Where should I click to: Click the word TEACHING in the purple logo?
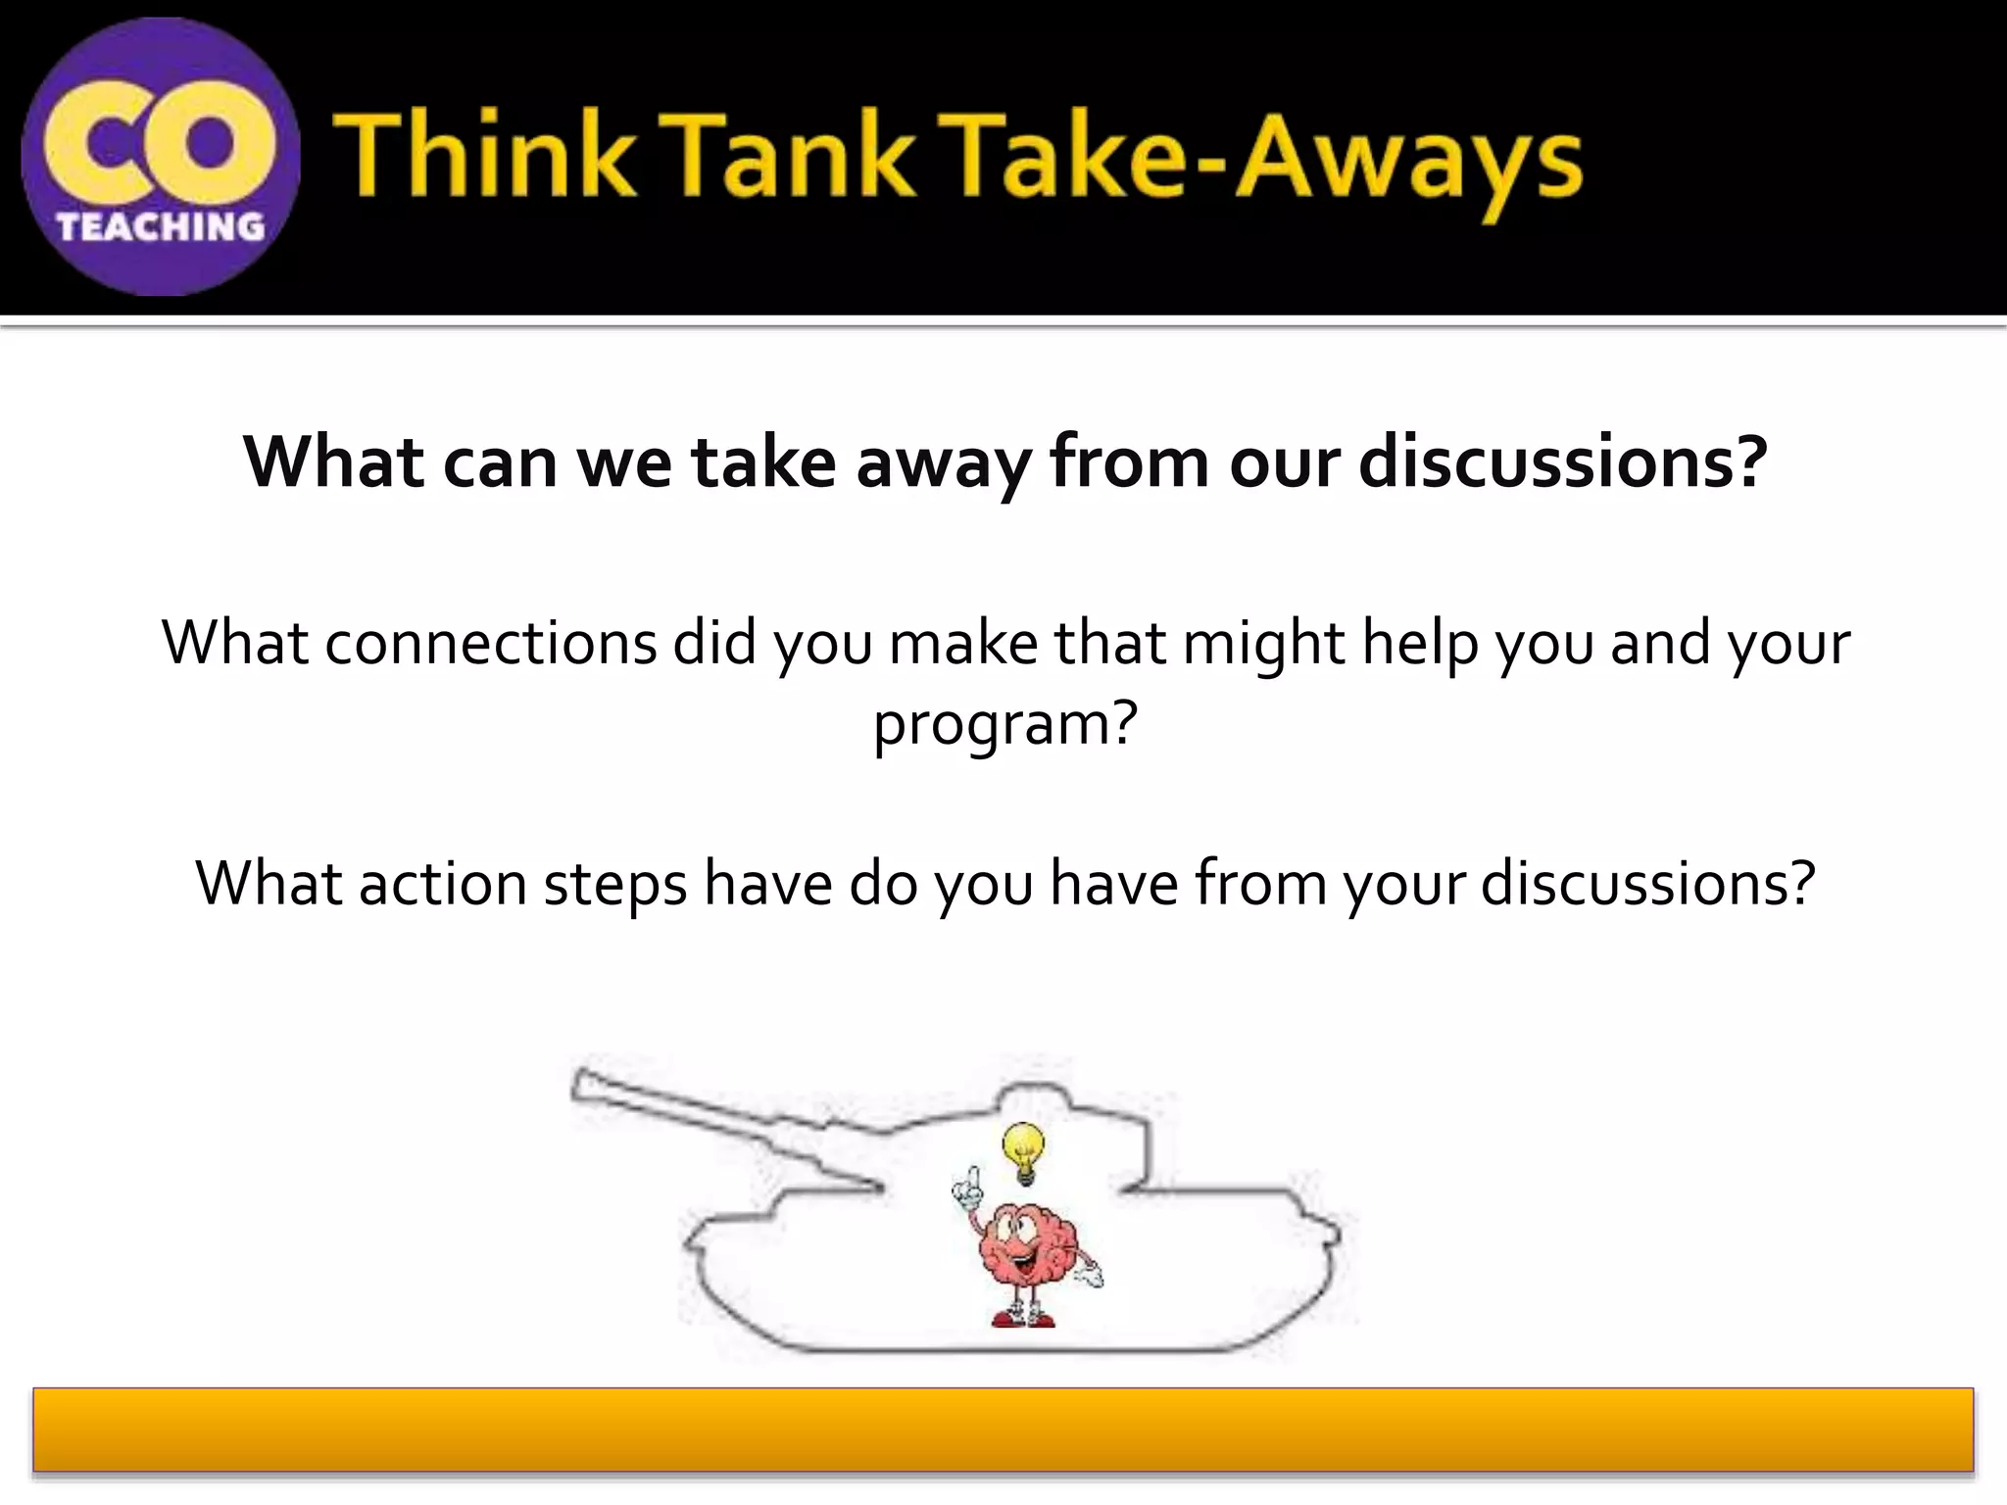pos(161,227)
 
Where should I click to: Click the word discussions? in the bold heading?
pos(1562,461)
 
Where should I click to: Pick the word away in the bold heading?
pos(942,463)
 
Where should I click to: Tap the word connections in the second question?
pos(490,644)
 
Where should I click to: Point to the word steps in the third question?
pos(614,885)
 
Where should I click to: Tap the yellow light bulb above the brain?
pos(1023,1151)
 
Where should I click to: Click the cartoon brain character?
pos(1025,1244)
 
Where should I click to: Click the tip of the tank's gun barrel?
pos(581,1084)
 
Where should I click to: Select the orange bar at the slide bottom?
pos(1003,1430)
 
